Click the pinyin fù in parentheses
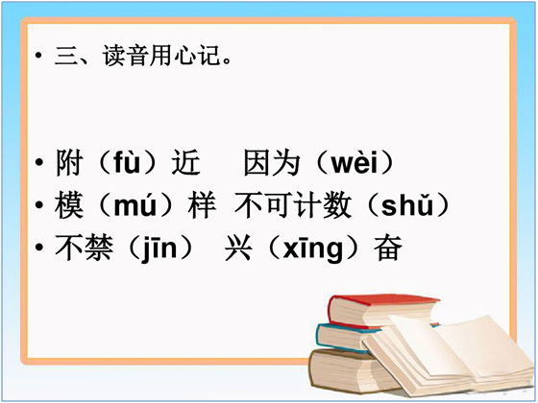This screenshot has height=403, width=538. pos(127,162)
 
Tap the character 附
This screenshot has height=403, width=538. pos(69,162)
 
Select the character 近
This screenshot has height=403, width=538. pos(185,162)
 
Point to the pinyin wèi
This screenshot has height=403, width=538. pos(355,163)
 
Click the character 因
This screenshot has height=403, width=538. pos(257,162)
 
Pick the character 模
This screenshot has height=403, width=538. pos(69,205)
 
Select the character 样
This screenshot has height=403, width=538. pos(202,205)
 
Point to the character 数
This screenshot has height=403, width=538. pos(337,205)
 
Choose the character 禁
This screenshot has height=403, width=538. pos(98,248)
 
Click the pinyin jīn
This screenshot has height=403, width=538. pos(159,249)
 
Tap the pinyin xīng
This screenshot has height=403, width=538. pos(312,249)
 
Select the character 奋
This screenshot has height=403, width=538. pos(388,248)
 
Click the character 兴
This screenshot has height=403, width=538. pos(238,248)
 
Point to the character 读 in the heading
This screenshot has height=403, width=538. pos(113,56)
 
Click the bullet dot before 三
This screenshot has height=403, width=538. pos(38,56)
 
